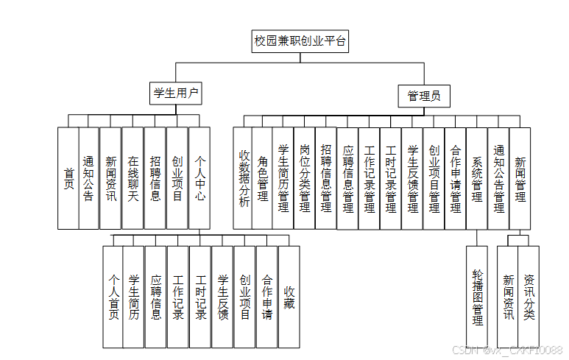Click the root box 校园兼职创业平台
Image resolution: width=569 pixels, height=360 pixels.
300,41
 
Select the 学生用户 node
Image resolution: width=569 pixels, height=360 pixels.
176,93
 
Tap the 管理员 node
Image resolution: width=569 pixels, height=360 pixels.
423,95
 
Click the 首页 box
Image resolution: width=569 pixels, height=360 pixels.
68,177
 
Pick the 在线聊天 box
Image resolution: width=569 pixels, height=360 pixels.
133,177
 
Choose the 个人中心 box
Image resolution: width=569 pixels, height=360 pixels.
200,177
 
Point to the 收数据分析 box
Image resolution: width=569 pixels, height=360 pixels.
244,177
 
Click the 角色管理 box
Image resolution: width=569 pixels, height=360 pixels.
263,177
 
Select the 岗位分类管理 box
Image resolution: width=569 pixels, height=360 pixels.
305,177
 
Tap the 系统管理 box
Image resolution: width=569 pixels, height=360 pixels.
477,177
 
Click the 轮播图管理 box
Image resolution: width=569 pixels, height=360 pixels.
477,296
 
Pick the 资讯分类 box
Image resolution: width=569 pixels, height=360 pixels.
529,296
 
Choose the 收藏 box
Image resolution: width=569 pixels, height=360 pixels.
289,296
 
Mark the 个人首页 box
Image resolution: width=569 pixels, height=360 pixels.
113,296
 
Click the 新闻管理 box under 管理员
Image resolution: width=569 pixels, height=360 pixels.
520,177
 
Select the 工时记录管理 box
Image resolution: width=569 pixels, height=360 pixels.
391,177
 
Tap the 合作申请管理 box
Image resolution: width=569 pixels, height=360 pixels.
456,177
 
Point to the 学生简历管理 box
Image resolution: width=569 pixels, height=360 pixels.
283,177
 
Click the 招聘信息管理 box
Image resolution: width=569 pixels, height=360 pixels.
326,177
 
